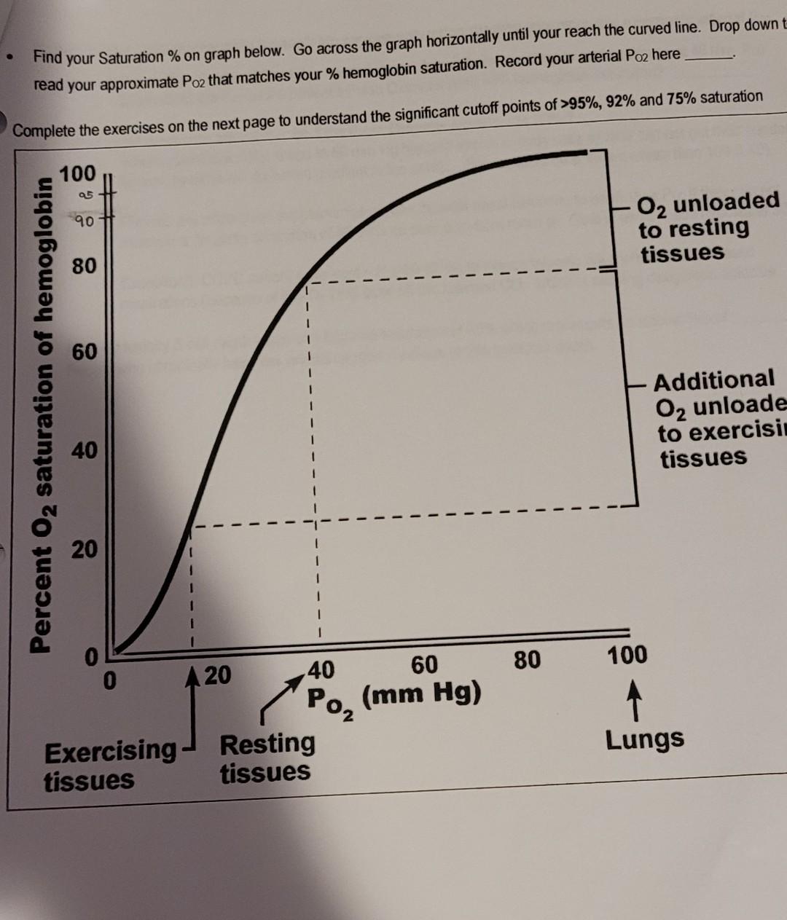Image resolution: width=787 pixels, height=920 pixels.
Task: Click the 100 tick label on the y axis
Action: pos(77,174)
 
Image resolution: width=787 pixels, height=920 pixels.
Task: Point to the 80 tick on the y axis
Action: pos(84,266)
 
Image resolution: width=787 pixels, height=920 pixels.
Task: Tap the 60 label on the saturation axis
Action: pos(84,352)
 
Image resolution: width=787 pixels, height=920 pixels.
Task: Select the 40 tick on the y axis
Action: pos(84,451)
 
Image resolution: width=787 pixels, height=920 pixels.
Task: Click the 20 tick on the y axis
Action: pos(84,549)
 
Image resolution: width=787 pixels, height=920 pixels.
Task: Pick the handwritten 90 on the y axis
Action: pos(83,220)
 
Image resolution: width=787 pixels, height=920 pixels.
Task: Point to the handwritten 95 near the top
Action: pos(85,194)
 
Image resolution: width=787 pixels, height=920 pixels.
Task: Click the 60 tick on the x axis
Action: pos(424,664)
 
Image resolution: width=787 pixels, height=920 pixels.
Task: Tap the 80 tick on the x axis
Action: pos(527,660)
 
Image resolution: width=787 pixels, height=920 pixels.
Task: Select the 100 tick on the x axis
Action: pos(627,654)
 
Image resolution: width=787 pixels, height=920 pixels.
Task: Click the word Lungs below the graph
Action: pos(645,739)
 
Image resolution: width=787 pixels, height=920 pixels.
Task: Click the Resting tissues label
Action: pos(267,758)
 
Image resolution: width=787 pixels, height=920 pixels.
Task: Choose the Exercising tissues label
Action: pos(109,764)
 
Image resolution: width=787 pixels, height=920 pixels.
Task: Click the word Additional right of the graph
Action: pos(714,380)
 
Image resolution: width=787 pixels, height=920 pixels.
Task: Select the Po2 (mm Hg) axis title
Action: pos(393,696)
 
